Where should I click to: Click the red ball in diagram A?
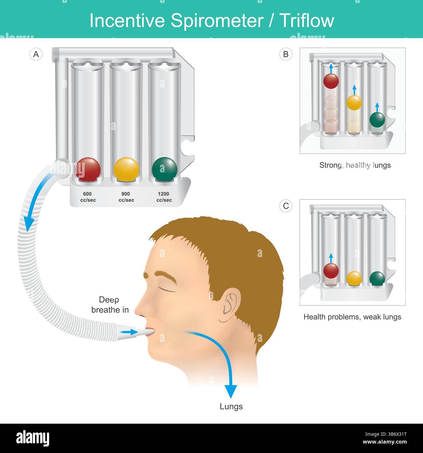pos(88,169)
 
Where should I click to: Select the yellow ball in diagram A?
pos(126,169)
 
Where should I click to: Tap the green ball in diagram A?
pos(164,169)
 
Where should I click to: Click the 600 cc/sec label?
pos(88,197)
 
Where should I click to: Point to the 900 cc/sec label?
pos(126,197)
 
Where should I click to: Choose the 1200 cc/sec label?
pos(164,197)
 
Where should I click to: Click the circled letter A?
pos(36,54)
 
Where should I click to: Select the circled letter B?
pos(286,54)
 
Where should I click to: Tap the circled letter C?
pos(286,206)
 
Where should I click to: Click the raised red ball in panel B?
pos(331,81)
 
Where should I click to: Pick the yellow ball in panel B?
pos(354,103)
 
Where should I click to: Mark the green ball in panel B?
pos(377,120)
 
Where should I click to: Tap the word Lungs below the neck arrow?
pos(231,406)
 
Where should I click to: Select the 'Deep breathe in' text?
pos(110,305)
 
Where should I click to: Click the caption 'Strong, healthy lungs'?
pos(355,165)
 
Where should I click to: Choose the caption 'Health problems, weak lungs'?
pos(352,317)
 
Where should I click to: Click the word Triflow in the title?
pos(307,21)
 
